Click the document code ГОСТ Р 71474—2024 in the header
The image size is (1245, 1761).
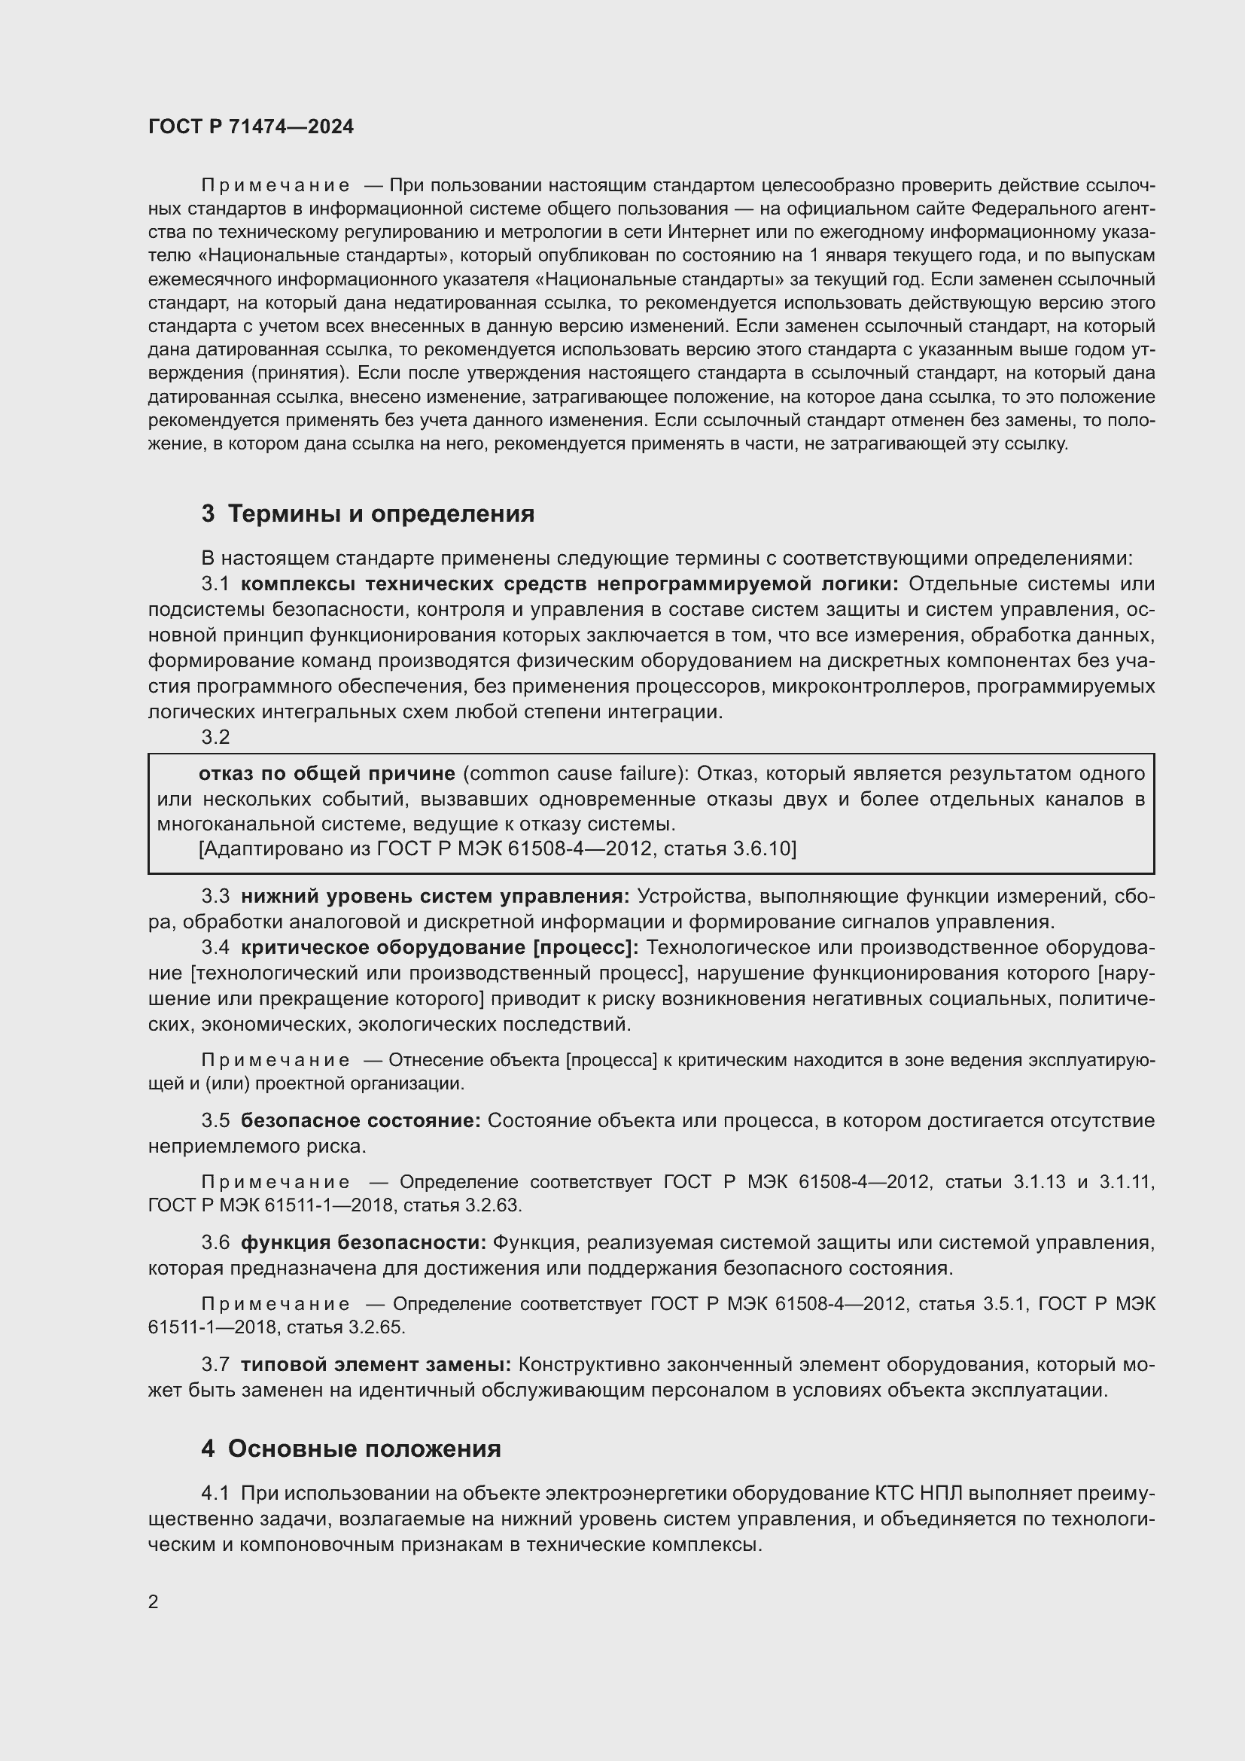click(251, 126)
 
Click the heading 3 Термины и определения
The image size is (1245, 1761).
click(368, 513)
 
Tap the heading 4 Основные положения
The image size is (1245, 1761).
click(351, 1448)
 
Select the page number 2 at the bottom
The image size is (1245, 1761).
click(154, 1601)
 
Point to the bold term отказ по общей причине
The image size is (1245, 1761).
click(327, 774)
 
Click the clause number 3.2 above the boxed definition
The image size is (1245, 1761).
click(215, 737)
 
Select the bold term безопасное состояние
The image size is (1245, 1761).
click(361, 1120)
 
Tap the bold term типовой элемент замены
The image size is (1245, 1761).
click(376, 1363)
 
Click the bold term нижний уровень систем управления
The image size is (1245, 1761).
click(434, 896)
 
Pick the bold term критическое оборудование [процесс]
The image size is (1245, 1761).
click(440, 947)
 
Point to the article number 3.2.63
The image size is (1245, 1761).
click(493, 1205)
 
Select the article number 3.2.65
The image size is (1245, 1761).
click(376, 1327)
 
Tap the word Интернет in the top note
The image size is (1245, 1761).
click(703, 233)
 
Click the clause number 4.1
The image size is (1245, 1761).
click(215, 1493)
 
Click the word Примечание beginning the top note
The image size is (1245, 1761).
click(275, 186)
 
